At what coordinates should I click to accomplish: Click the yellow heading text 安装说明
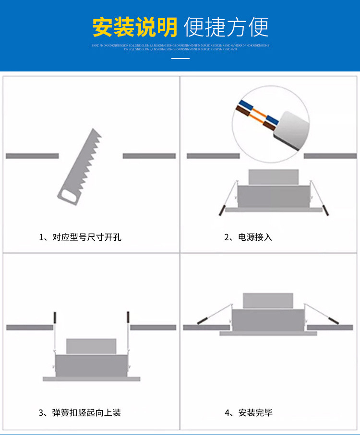[x=135, y=27]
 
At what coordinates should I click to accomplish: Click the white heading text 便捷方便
[x=226, y=27]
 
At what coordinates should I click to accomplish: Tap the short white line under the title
[x=180, y=59]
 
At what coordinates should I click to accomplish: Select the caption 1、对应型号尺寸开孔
[x=80, y=237]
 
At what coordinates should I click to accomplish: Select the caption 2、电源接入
[x=248, y=237]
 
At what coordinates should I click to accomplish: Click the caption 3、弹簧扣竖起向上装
[x=80, y=412]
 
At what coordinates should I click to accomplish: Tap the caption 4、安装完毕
[x=248, y=412]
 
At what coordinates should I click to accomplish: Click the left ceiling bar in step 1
[x=32, y=156]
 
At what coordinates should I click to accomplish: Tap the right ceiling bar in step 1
[x=149, y=156]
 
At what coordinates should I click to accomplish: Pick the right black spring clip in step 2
[x=326, y=210]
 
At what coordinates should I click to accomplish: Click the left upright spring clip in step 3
[x=56, y=317]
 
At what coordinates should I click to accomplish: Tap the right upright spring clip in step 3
[x=128, y=317]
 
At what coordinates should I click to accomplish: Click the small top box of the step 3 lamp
[x=91, y=346]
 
